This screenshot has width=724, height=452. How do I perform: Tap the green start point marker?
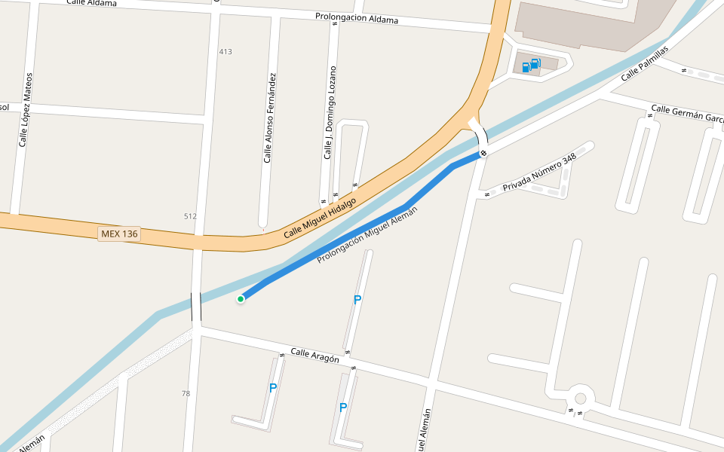(x=241, y=299)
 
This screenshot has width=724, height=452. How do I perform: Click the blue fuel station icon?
(x=531, y=66)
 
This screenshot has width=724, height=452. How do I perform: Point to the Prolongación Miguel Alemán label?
(x=367, y=235)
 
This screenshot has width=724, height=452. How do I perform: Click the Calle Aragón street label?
(x=314, y=356)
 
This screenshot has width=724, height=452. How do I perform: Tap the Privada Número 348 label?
(x=539, y=173)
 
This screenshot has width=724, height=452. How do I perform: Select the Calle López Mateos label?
(x=26, y=110)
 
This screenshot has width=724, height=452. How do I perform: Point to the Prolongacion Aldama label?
(x=357, y=18)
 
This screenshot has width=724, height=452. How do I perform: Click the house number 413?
(x=225, y=52)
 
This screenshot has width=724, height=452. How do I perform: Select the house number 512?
(x=190, y=217)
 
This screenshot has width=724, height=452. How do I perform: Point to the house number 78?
(x=186, y=393)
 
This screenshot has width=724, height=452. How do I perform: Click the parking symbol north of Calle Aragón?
(x=357, y=300)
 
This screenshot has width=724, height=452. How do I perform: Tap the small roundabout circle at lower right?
(x=580, y=399)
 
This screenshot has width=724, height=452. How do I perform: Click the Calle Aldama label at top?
(x=92, y=3)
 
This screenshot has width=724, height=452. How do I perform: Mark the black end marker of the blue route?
(x=483, y=154)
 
